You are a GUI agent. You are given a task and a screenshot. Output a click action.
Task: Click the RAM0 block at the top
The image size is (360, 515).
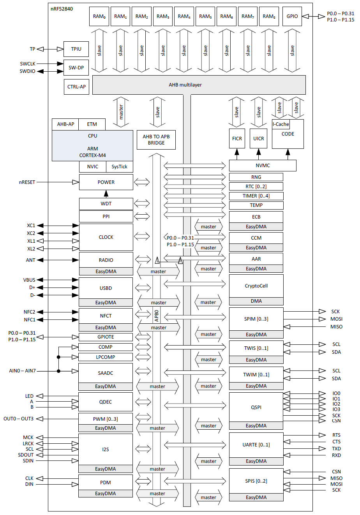(x=99, y=16)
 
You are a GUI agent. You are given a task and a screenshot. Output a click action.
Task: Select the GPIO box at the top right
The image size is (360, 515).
(x=292, y=16)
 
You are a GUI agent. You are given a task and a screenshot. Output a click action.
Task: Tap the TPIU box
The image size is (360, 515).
(x=76, y=49)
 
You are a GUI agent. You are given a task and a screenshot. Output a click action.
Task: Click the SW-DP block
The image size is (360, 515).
(x=76, y=68)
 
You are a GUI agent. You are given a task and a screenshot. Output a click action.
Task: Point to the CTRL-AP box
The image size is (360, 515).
(x=76, y=87)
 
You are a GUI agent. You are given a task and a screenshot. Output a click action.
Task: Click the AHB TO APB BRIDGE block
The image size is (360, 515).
(x=156, y=140)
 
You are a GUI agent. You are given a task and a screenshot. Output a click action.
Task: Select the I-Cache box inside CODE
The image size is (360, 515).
(x=281, y=124)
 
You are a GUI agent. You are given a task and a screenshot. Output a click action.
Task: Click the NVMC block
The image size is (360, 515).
(x=263, y=166)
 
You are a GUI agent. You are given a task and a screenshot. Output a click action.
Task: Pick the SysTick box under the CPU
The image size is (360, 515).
(x=119, y=167)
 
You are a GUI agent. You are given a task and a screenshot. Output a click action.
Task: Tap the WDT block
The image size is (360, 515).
(x=106, y=204)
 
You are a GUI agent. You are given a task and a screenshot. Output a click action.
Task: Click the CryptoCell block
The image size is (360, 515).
(x=256, y=286)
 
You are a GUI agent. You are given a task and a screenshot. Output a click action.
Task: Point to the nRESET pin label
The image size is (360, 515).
(x=27, y=182)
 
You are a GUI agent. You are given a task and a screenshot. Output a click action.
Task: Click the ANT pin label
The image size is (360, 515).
(x=30, y=260)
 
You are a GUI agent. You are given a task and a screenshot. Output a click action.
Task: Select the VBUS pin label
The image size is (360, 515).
(x=29, y=280)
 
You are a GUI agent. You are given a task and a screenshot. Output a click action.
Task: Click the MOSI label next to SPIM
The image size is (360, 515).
(x=336, y=319)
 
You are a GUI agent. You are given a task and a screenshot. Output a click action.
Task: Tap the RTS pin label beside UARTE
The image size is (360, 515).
(x=336, y=435)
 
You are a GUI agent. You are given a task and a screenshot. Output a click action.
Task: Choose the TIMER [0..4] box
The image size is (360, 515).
(x=256, y=196)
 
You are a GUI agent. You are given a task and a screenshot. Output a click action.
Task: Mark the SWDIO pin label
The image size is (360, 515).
(x=27, y=71)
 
